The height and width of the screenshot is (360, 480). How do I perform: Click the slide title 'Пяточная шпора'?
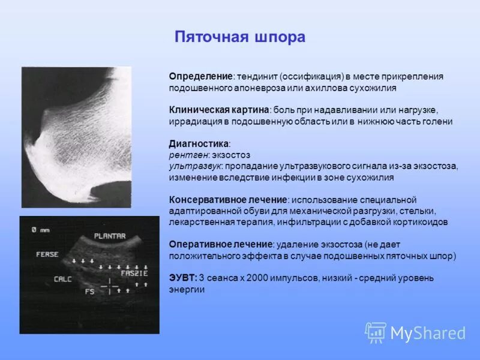coord(240,37)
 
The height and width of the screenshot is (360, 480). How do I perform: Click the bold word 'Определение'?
coord(201,76)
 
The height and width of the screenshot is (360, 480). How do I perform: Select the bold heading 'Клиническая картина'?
coord(219,110)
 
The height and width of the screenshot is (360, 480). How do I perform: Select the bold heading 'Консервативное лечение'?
coord(227,200)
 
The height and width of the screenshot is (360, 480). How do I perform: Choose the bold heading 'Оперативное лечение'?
coord(221,245)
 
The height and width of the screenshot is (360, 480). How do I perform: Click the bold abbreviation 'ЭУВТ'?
coord(182,278)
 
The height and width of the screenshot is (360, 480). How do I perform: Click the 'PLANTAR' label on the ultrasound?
coord(110,236)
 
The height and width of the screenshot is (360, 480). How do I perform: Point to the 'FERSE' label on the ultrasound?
coord(47,254)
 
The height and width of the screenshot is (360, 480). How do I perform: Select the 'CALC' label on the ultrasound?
coord(62,279)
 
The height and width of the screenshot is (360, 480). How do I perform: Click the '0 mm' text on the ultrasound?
coord(41,229)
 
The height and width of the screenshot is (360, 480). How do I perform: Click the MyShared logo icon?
coord(376,332)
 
